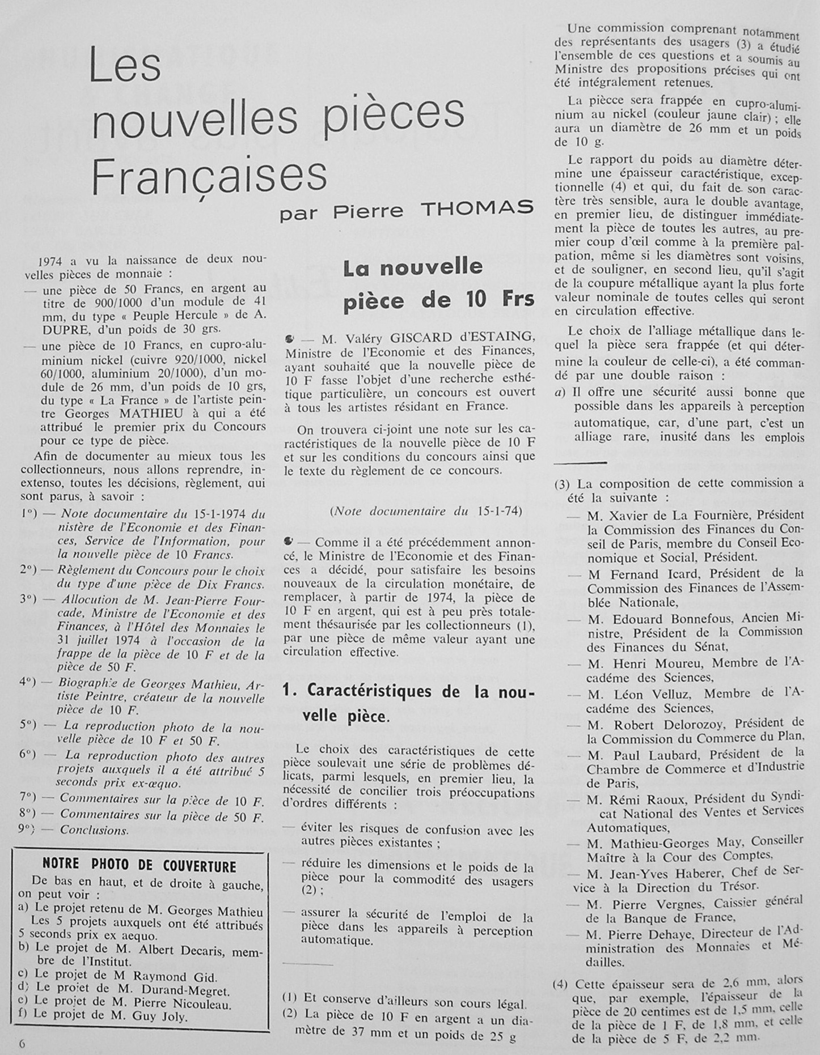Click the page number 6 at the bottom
(22, 1044)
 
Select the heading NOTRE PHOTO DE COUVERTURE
(140, 866)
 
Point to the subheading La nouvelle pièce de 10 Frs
(438, 284)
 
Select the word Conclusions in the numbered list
(94, 831)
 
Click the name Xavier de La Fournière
(668, 516)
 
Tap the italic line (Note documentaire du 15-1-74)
(425, 511)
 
